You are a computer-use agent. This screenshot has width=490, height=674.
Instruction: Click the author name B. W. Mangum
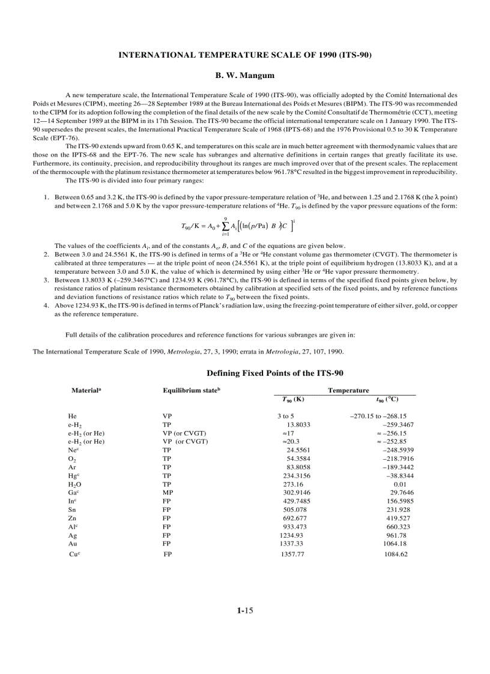pyautogui.click(x=245, y=76)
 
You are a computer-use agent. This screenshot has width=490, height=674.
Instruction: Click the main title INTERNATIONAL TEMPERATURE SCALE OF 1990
pyautogui.click(x=245, y=55)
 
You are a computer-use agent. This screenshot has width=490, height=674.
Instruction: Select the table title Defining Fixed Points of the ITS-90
pyautogui.click(x=275, y=373)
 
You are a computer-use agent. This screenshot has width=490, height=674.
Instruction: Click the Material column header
pyautogui.click(x=86, y=390)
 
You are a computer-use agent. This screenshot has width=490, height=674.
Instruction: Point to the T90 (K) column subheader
pyautogui.click(x=293, y=399)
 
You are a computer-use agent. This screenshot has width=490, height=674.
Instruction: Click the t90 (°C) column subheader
pyautogui.click(x=387, y=399)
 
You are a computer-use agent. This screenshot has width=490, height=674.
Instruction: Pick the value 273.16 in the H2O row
pyautogui.click(x=293, y=484)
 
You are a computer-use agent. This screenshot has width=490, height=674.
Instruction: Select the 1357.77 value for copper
pyautogui.click(x=292, y=555)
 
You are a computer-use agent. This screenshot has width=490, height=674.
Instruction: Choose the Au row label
pyautogui.click(x=73, y=544)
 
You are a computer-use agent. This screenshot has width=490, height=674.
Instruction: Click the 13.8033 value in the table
pyautogui.click(x=298, y=424)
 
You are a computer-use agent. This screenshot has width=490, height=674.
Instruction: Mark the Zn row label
pyautogui.click(x=72, y=518)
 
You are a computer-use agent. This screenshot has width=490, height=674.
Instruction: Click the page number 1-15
pyautogui.click(x=245, y=611)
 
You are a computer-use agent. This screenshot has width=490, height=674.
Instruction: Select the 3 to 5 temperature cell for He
pyautogui.click(x=285, y=416)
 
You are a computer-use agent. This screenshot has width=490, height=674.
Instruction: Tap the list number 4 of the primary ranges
pyautogui.click(x=46, y=305)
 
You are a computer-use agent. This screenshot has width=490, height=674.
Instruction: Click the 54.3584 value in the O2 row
pyautogui.click(x=298, y=459)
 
